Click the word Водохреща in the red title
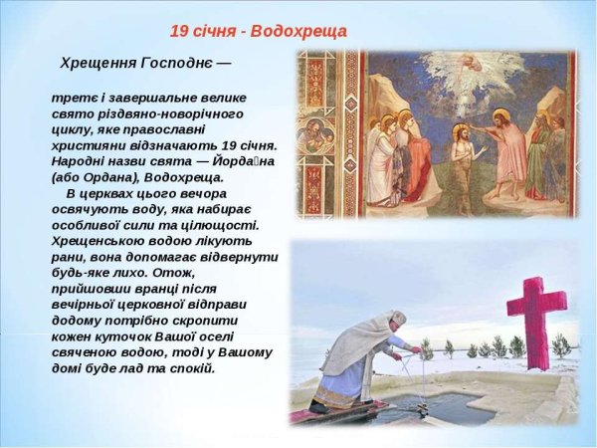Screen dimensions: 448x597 click(x=299, y=31)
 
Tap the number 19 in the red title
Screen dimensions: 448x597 click(x=179, y=31)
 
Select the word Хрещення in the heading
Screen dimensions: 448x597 click(x=98, y=63)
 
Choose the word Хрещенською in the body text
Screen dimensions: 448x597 click(x=100, y=241)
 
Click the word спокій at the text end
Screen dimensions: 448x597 click(x=192, y=368)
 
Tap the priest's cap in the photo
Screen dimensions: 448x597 click(x=397, y=318)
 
